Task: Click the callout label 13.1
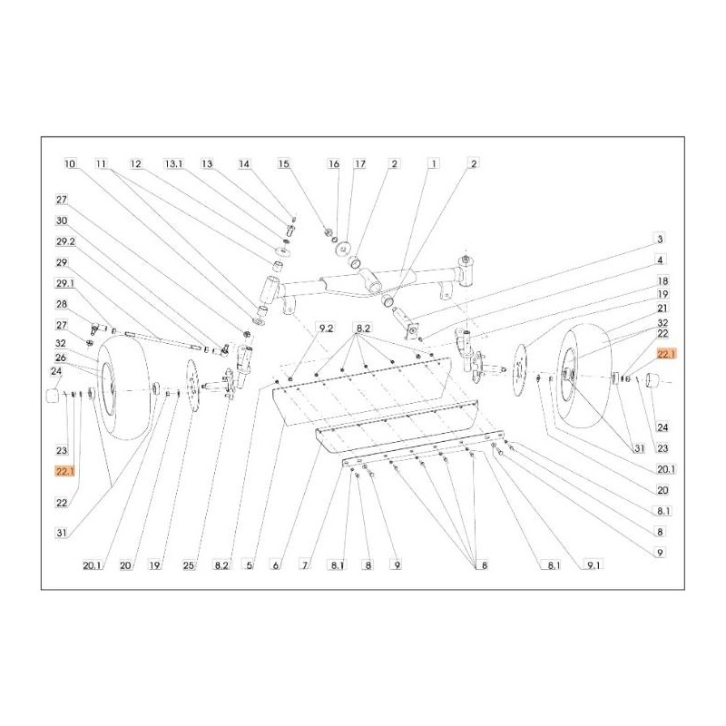point(173,164)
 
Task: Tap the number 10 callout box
point(70,164)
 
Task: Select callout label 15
point(284,164)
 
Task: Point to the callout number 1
point(434,164)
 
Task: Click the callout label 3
point(660,239)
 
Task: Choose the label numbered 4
point(660,260)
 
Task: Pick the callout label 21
point(662,308)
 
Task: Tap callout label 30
point(62,221)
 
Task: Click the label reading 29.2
point(65,241)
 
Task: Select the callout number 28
point(62,304)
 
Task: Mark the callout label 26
point(61,358)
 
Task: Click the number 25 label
point(189,565)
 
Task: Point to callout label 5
point(249,565)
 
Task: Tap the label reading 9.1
point(594,565)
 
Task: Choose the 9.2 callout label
point(325,329)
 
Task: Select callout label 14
point(244,164)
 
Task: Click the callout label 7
point(305,565)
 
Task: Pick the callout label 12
point(135,164)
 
